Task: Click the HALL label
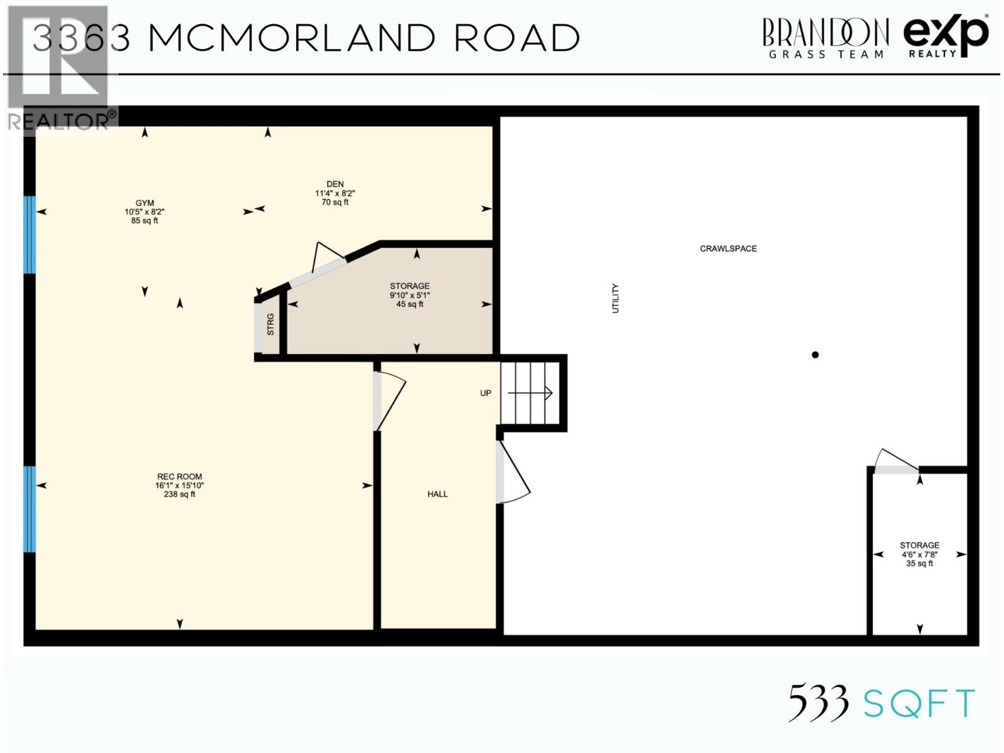click(x=437, y=494)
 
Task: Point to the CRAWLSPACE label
click(x=728, y=248)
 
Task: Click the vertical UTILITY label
click(x=616, y=298)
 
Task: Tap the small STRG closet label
click(x=270, y=324)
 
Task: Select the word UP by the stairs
click(x=486, y=393)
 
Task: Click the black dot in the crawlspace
click(x=815, y=355)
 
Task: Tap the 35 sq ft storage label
click(x=919, y=554)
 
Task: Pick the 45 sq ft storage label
click(x=410, y=295)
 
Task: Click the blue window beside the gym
click(x=29, y=235)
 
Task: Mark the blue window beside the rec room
click(x=29, y=509)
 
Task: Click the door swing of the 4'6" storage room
click(x=896, y=461)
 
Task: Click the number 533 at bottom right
click(x=818, y=703)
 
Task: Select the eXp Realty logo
click(x=946, y=36)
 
